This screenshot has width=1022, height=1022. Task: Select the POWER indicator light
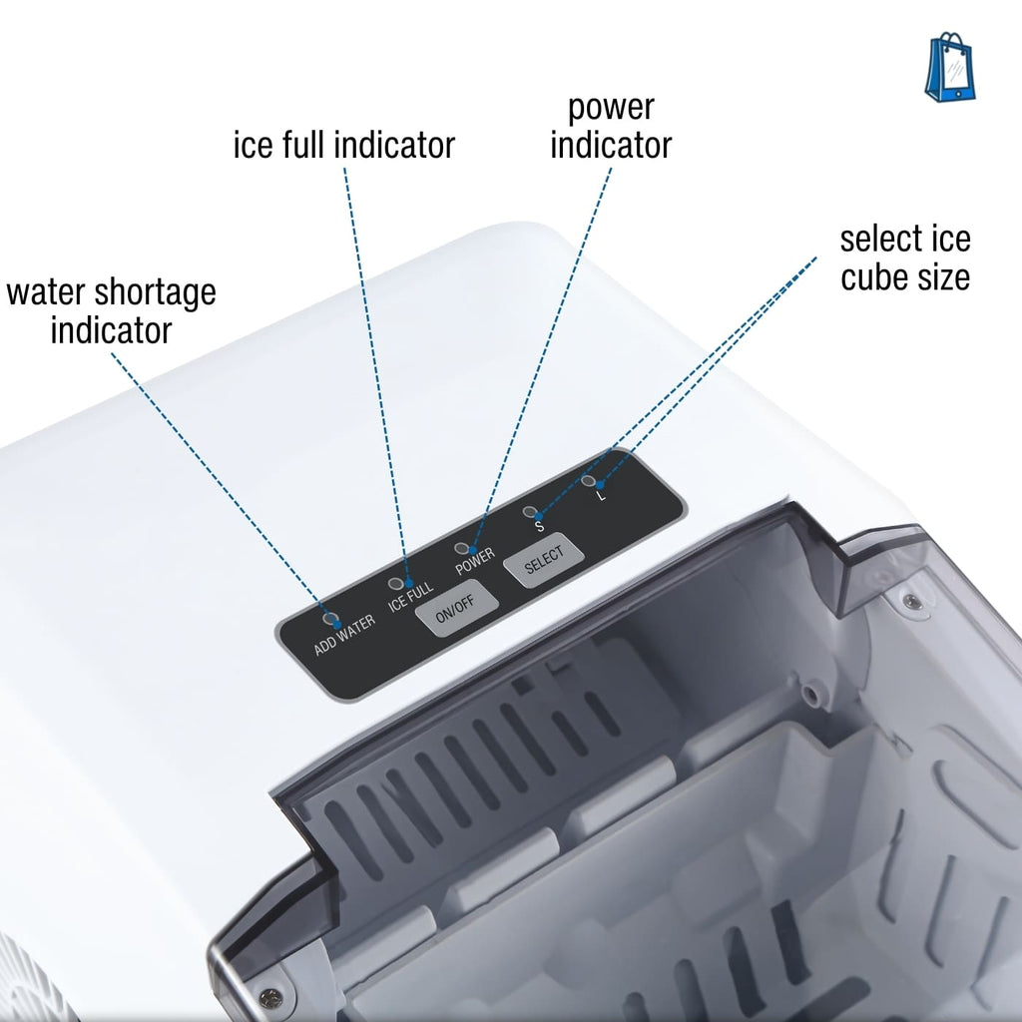[462, 549]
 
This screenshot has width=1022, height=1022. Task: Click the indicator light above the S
[530, 512]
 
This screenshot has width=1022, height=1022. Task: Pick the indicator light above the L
[588, 482]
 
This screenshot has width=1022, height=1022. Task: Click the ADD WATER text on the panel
[344, 636]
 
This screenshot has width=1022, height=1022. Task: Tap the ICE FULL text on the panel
[410, 599]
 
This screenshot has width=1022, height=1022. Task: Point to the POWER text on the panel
[475, 563]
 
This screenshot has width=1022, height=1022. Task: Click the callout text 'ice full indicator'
[343, 145]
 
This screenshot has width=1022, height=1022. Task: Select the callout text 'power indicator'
[611, 126]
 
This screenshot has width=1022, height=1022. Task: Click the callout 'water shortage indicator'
[111, 310]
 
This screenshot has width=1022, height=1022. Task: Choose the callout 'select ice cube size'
[904, 257]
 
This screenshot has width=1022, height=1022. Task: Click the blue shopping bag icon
[950, 68]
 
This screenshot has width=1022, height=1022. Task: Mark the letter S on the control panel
[539, 526]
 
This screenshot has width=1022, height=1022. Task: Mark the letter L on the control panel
[600, 496]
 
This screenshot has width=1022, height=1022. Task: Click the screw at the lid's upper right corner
[909, 601]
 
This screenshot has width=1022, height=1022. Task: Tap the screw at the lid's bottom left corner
[263, 995]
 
